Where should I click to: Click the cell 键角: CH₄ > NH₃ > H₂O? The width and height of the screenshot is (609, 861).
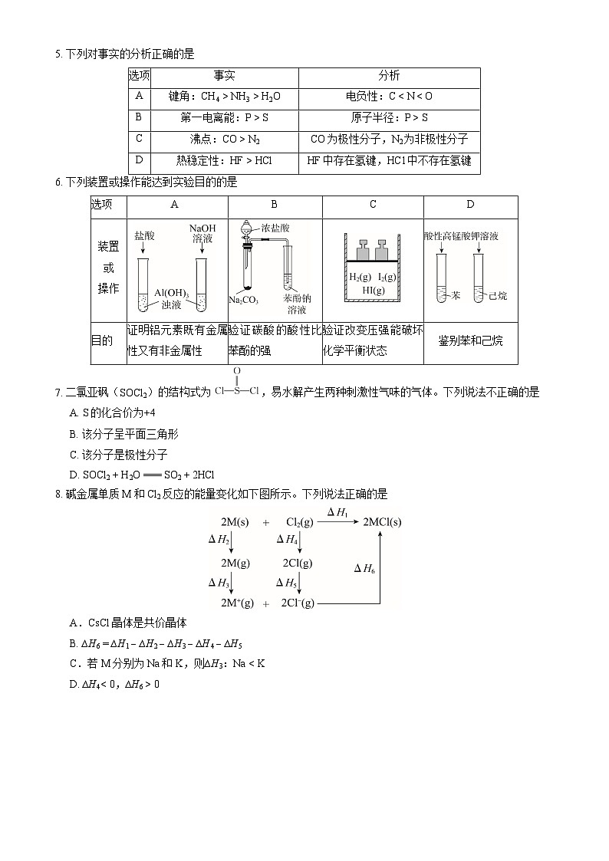click(x=224, y=97)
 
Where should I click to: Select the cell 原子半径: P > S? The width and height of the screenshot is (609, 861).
click(x=389, y=118)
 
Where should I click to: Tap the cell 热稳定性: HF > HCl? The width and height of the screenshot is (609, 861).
click(x=224, y=161)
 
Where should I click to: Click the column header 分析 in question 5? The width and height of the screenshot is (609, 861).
click(x=389, y=76)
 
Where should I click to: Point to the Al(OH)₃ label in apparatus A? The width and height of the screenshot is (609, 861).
click(x=171, y=293)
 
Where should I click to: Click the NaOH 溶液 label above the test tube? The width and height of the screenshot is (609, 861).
click(x=202, y=234)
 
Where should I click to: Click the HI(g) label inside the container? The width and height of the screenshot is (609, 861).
click(x=374, y=291)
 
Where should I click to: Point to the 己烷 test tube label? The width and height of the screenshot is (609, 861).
click(x=498, y=295)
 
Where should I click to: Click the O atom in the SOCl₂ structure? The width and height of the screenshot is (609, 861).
click(x=237, y=371)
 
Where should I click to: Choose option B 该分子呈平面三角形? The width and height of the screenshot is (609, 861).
click(x=123, y=434)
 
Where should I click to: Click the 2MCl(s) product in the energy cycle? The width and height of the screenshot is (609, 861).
click(x=382, y=522)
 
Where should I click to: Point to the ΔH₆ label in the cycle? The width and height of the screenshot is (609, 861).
click(x=364, y=568)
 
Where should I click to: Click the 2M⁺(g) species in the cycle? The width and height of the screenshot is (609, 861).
click(x=237, y=603)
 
